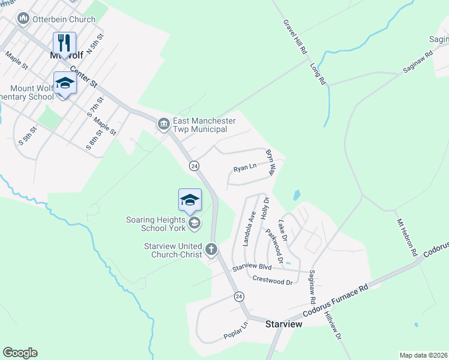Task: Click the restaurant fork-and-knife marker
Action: coord(64,43)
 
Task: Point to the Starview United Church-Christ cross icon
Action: coord(211,248)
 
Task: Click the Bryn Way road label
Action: coord(270,162)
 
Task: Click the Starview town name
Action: coord(283,323)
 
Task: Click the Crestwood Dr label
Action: coord(272,280)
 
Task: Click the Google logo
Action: coord(20,353)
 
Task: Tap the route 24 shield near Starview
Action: coord(238,296)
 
